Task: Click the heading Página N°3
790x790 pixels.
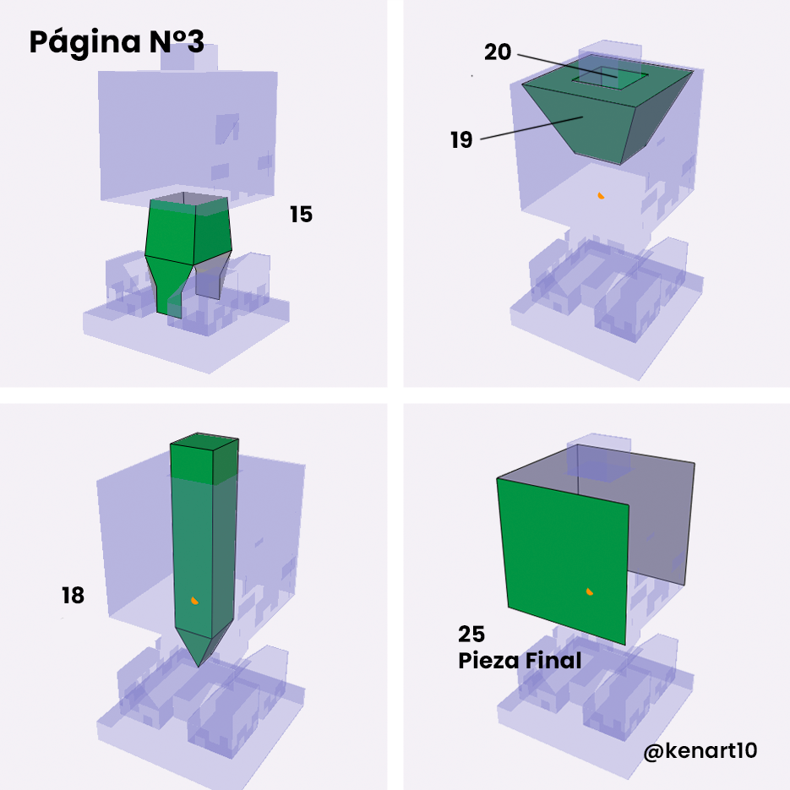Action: (x=117, y=42)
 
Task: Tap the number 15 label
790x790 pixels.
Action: (x=301, y=215)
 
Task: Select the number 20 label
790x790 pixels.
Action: (x=498, y=52)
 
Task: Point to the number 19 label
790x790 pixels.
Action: (x=461, y=140)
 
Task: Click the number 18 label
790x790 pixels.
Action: (x=73, y=596)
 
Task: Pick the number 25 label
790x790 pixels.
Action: (x=471, y=635)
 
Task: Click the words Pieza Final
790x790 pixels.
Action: (x=520, y=661)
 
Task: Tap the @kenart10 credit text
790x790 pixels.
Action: (x=700, y=750)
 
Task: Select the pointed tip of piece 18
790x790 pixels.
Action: (x=199, y=666)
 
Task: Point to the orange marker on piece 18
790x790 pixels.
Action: (x=194, y=600)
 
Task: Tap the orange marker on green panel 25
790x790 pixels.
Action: (x=589, y=591)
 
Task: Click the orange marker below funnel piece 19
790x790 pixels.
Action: (x=600, y=195)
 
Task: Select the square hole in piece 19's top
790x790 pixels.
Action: (x=610, y=78)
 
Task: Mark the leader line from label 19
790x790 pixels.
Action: (x=531, y=128)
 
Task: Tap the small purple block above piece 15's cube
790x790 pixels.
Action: (x=189, y=58)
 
